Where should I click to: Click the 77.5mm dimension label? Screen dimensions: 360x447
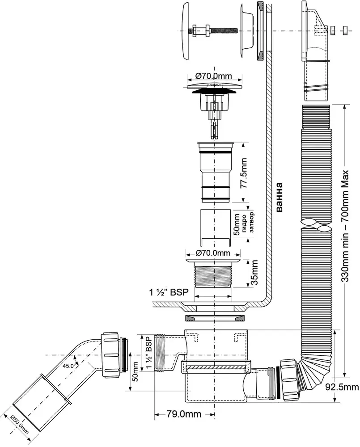(244, 174)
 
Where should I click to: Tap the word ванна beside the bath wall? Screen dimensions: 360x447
(279, 197)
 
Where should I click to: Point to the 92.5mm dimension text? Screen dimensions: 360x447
(342, 387)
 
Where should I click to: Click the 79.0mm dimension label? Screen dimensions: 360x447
(184, 414)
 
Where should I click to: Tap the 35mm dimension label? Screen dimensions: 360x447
(254, 273)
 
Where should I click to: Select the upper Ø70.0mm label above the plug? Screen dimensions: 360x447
(213, 76)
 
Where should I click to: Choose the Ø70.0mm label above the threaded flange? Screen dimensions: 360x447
(212, 253)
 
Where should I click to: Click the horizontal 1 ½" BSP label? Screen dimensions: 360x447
(169, 292)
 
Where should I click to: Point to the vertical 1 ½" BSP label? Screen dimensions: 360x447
(148, 353)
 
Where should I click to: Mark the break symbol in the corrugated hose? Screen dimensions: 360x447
(315, 223)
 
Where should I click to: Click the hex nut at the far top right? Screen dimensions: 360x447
(345, 30)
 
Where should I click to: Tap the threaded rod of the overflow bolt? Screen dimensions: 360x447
(224, 30)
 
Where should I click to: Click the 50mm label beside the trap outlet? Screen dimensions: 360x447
(135, 371)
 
